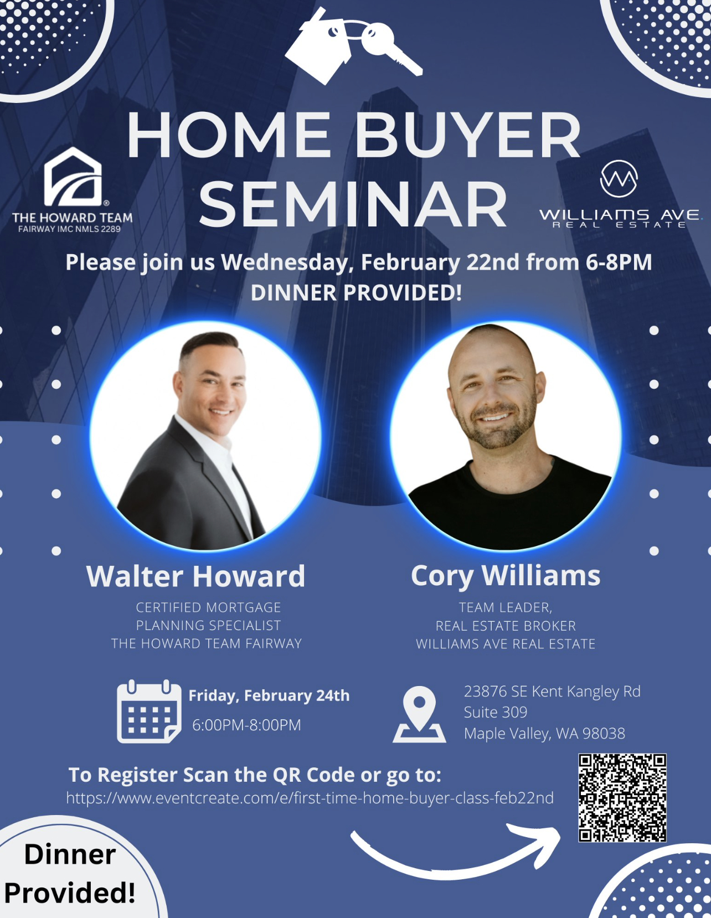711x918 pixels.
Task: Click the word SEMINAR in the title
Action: [353, 204]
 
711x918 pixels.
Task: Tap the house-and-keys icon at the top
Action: [353, 45]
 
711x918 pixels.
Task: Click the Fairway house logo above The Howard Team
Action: [73, 177]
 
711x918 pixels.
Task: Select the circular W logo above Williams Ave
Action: [619, 179]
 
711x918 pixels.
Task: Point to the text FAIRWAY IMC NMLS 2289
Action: [69, 229]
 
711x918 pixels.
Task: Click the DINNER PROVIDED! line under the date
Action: [356, 293]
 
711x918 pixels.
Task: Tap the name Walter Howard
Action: [195, 576]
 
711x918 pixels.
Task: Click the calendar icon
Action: [149, 711]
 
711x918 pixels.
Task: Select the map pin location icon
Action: [419, 714]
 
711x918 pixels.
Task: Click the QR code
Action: [622, 798]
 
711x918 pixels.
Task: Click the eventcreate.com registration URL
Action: [310, 798]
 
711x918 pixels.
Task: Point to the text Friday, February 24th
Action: [269, 696]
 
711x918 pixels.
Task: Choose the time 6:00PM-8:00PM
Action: [247, 725]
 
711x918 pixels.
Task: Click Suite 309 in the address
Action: [496, 712]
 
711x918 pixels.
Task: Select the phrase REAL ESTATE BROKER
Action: [506, 626]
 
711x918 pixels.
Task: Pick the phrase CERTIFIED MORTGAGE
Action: [208, 607]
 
